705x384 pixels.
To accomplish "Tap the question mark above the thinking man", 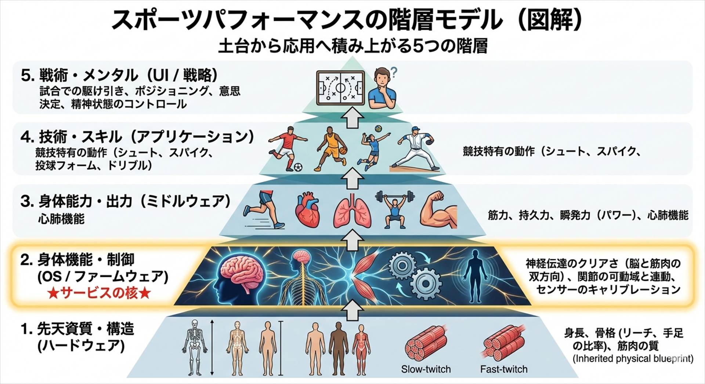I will point(394,73).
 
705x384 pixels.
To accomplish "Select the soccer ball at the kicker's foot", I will point(298,167).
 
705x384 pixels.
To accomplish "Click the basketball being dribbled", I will point(343,150).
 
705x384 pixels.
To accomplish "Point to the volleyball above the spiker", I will point(378,129).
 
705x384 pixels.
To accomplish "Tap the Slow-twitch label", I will point(426,369).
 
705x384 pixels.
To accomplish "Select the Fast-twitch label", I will point(503,369).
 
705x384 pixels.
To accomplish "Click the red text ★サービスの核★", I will point(99,293).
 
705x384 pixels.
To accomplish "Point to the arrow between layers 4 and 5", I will point(352,119).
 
